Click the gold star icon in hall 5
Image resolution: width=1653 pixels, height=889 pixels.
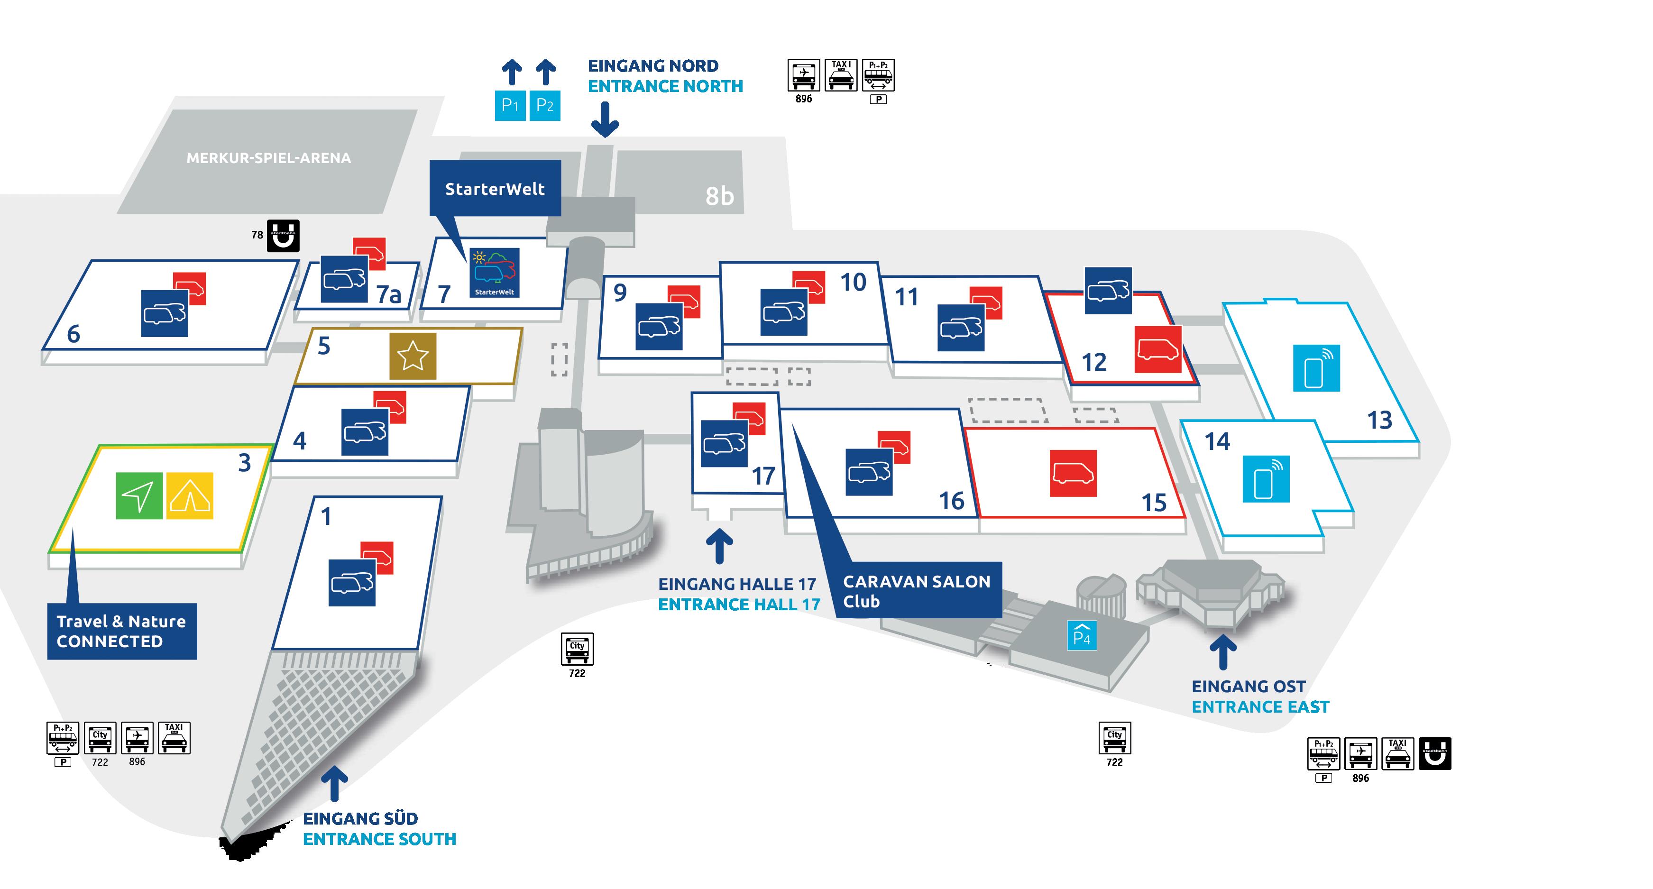413,356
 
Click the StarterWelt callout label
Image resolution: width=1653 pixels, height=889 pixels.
495,189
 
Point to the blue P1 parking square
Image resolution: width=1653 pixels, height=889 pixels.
510,105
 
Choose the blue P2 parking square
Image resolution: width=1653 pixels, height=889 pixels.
544,105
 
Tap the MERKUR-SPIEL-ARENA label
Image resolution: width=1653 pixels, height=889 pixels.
268,158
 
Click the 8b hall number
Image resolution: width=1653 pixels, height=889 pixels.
719,196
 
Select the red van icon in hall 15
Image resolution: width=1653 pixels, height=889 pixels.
1073,473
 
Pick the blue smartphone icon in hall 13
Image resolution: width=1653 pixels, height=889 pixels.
1316,367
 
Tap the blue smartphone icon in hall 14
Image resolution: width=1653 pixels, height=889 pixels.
1266,478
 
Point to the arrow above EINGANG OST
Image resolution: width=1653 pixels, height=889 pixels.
1223,653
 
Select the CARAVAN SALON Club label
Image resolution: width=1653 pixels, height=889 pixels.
917,591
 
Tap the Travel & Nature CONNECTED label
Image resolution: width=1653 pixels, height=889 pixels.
122,631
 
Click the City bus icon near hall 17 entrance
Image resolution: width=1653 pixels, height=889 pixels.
577,649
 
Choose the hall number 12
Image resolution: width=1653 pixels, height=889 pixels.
1094,362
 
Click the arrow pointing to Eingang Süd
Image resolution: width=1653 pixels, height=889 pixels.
334,784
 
